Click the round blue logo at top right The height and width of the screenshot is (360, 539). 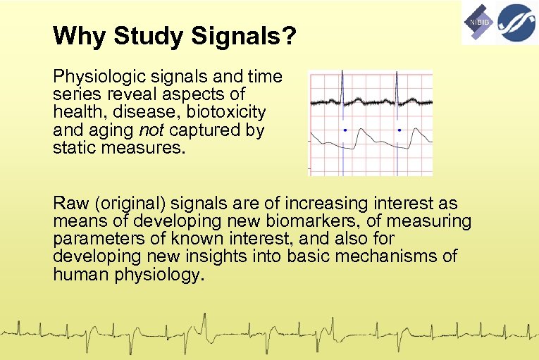(x=516, y=22)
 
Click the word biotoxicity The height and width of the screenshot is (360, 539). (x=225, y=113)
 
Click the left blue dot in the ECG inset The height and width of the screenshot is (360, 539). (x=345, y=130)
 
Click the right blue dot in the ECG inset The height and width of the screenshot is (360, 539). (x=399, y=130)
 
